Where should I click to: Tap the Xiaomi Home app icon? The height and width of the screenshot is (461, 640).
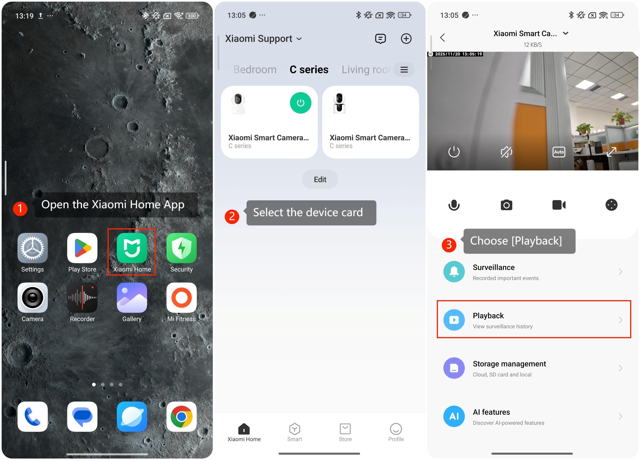coord(132,248)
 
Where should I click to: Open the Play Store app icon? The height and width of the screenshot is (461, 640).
coord(82,248)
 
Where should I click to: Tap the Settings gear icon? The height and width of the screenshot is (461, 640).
coord(32,248)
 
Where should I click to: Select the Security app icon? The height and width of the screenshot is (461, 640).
coord(181,248)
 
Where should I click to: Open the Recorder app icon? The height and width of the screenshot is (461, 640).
coord(82,297)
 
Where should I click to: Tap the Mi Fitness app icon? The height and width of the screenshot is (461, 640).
coord(181,297)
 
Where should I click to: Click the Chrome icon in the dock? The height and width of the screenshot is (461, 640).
coord(181,416)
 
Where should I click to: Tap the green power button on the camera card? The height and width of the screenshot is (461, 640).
coord(301,103)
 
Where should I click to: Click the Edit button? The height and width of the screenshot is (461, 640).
coord(320,179)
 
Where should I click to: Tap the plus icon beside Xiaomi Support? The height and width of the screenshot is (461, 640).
coord(406,39)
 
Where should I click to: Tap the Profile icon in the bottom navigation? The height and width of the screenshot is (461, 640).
coord(396,429)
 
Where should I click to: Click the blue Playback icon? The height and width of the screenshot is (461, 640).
coord(454,320)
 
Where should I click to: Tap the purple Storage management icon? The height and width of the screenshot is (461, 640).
coord(454,368)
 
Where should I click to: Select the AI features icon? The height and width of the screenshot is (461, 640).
coord(454,416)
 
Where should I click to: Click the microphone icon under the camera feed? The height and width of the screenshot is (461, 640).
coord(454,205)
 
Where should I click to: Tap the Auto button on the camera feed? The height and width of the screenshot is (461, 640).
coord(559,152)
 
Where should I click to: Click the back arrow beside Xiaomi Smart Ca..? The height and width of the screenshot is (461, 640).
coord(442,38)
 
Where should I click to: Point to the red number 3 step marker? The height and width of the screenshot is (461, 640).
coord(449,245)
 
